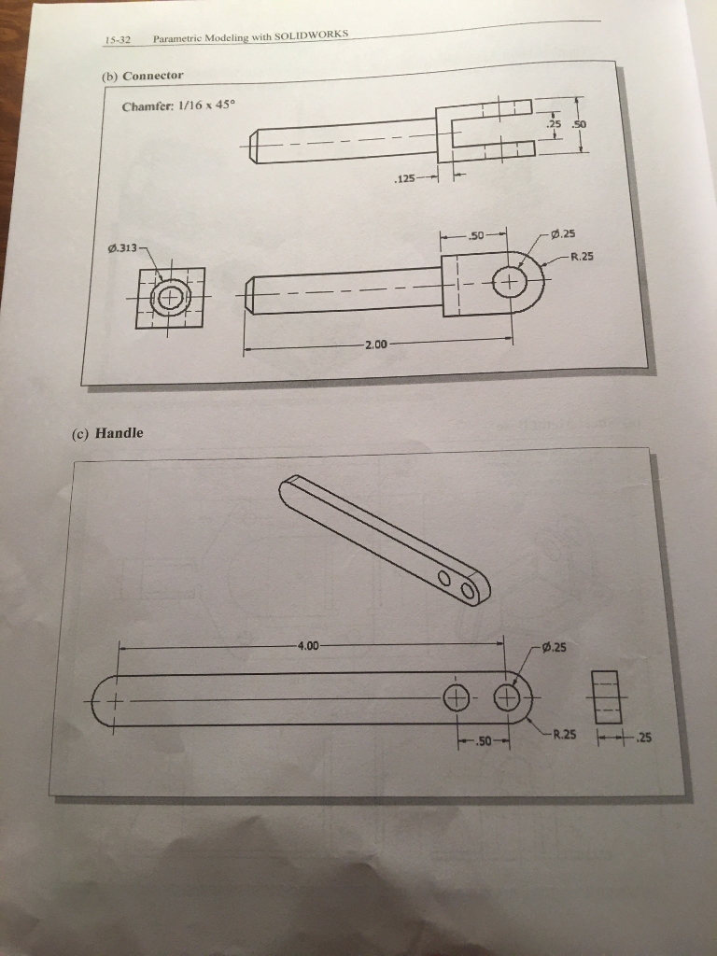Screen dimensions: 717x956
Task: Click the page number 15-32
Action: coord(118,41)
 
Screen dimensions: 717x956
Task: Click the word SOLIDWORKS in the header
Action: coord(311,35)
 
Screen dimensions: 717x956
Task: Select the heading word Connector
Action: coord(152,76)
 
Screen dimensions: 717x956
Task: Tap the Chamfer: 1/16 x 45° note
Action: coord(178,106)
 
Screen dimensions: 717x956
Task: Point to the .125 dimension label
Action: coord(405,178)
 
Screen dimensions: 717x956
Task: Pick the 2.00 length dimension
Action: coord(375,344)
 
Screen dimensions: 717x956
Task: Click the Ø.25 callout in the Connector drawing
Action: coord(563,233)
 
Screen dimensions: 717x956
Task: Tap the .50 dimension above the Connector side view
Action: coord(475,234)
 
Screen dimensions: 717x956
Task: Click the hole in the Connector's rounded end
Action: coord(510,282)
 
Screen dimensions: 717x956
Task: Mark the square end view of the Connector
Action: coord(171,298)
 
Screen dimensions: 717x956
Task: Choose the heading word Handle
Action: coord(119,433)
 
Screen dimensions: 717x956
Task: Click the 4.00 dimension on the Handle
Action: coord(308,645)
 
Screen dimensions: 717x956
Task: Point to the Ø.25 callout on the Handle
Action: coord(554,647)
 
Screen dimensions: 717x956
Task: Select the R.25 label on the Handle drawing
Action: coord(564,734)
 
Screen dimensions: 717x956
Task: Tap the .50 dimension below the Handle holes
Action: coord(484,741)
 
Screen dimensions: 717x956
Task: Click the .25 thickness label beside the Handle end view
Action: coord(643,738)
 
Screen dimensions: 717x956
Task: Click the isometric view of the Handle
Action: coord(385,541)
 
